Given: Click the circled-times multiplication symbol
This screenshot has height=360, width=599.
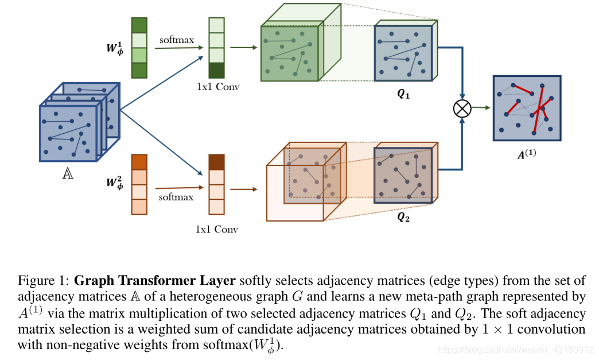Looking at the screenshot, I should (462, 109).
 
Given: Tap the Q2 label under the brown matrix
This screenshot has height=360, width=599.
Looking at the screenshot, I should (404, 218).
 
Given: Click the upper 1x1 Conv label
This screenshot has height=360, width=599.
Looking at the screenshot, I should (217, 87).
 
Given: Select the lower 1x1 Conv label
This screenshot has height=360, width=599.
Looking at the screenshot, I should (217, 229).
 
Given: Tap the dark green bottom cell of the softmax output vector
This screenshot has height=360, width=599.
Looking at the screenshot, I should (217, 70).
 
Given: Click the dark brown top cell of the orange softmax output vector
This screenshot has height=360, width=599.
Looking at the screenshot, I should (216, 161).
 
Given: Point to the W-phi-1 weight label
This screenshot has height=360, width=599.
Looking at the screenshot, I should (114, 47).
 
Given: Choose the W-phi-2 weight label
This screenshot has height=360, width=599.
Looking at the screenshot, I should (114, 183).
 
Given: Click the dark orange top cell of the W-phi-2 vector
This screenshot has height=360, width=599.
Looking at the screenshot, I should (139, 162).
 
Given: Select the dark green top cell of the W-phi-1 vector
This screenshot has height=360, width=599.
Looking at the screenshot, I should (139, 25).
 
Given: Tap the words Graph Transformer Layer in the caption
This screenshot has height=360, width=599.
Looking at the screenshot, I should (155, 281).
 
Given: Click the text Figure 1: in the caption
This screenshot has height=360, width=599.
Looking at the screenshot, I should (44, 281).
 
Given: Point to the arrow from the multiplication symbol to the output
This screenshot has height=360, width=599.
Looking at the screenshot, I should (481, 107).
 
